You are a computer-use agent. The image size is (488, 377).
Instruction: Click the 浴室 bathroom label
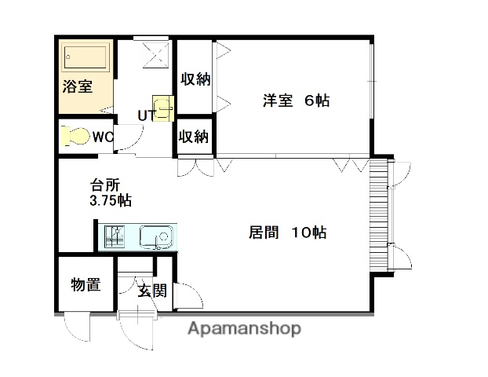[x=78, y=87]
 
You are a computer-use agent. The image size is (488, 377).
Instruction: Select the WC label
[x=103, y=137]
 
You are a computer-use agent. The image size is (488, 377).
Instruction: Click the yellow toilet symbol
[x=75, y=137]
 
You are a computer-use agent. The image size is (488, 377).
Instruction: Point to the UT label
[x=147, y=116]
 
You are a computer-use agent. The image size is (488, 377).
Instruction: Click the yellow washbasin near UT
[x=163, y=108]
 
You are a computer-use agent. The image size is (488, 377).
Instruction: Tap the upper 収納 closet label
[x=195, y=79]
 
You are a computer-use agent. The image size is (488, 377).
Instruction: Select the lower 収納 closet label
[x=194, y=137]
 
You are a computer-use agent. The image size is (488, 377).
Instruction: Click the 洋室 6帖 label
[x=295, y=101]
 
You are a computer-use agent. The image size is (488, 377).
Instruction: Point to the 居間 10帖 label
[x=287, y=232]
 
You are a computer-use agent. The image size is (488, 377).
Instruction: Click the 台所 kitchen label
[x=104, y=185]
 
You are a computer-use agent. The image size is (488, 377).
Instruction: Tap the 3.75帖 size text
[x=110, y=201]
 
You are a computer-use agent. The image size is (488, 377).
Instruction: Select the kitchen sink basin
[x=156, y=236]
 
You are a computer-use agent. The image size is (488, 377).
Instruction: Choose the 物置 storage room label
[x=86, y=285]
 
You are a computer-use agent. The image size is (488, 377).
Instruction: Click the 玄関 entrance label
[x=153, y=291]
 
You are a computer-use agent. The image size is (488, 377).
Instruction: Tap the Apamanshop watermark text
[x=244, y=329]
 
